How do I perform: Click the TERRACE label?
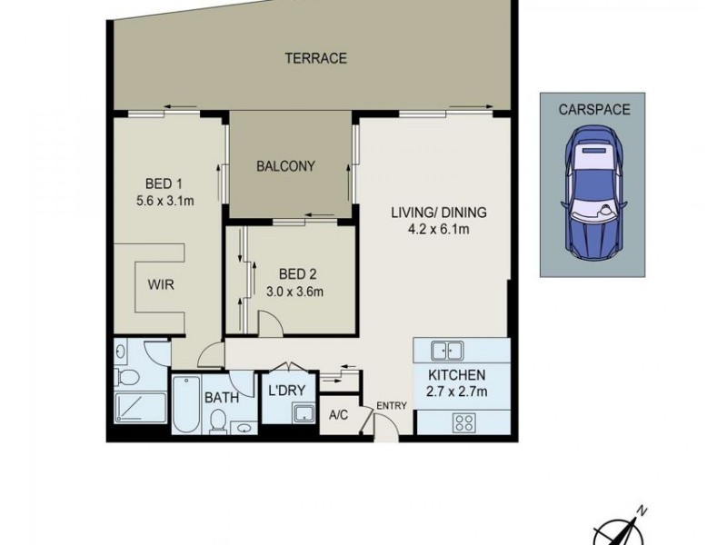point(315,59)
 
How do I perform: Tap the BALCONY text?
point(285,166)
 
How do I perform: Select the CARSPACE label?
point(595,109)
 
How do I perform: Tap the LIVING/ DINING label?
point(439,213)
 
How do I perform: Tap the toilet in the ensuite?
point(127,377)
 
